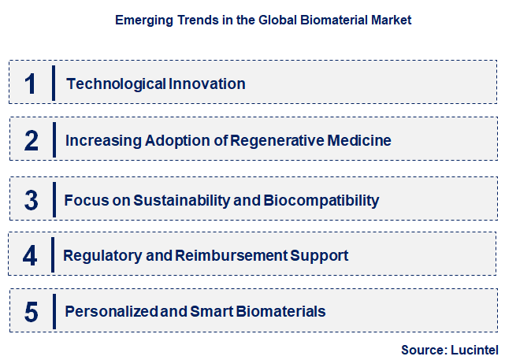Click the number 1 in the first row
pos(30,84)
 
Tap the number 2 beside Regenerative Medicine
pos(31,141)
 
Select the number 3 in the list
pos(31,200)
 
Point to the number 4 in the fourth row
pos(30,256)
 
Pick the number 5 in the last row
pos(31,312)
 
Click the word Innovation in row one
pos(206,84)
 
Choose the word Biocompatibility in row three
pos(321,200)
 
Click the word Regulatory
pos(98,256)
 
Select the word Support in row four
pos(319,256)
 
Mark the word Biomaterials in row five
pos(277,312)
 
